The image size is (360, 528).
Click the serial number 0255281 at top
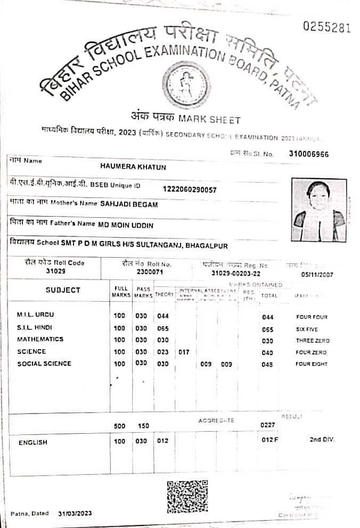click(326, 28)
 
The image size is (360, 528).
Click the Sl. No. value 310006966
click(309, 154)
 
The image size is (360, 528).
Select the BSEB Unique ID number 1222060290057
click(190, 189)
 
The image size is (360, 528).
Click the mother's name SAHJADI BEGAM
click(128, 204)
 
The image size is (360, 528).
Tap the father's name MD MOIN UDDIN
click(126, 225)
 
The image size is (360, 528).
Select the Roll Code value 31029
click(54, 271)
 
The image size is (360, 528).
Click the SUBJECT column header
click(63, 290)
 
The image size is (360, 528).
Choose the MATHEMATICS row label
click(40, 339)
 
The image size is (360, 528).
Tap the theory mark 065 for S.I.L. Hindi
click(163, 329)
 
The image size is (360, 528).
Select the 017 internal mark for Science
click(184, 352)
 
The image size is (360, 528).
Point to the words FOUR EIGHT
click(312, 365)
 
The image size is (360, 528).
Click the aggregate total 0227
click(267, 425)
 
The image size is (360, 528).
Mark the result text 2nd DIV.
click(322, 440)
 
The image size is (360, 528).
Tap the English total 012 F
click(270, 441)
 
